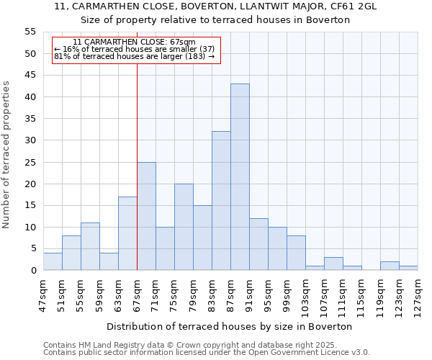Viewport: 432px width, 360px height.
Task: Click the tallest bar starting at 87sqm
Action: tap(240, 177)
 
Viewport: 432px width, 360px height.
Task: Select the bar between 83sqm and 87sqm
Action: tap(221, 201)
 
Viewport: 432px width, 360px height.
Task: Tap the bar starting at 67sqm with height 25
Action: tap(146, 216)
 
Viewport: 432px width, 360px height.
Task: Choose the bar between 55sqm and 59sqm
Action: tap(90, 246)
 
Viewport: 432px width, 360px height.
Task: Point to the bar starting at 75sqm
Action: tap(184, 227)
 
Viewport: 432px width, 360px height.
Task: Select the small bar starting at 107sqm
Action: tap(333, 264)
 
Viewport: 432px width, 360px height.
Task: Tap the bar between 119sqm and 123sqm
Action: tap(390, 266)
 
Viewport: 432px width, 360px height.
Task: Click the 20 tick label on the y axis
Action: tap(30, 184)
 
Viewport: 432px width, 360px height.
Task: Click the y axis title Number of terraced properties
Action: tap(6, 155)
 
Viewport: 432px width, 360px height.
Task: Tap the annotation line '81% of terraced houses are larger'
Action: tap(135, 56)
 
